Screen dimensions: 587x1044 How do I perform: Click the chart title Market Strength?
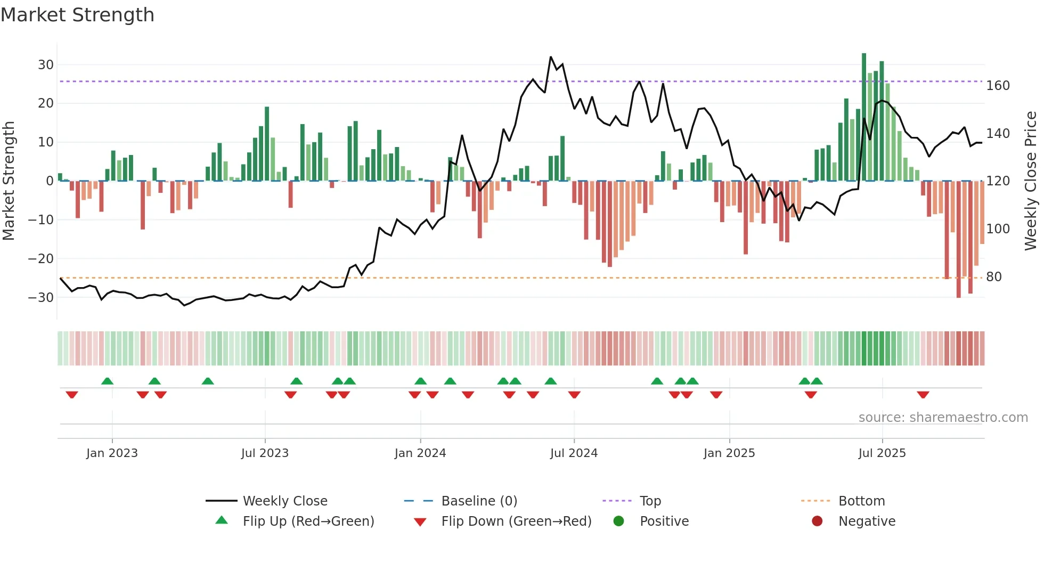click(x=77, y=15)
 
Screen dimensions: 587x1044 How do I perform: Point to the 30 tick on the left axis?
click(x=46, y=65)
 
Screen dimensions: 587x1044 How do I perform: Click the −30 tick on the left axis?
click(x=42, y=298)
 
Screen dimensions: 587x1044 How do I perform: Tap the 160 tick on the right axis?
click(x=998, y=86)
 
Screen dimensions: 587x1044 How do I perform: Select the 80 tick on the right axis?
click(x=994, y=277)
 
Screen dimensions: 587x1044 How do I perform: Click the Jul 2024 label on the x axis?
click(x=574, y=453)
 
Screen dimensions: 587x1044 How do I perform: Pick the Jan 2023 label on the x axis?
click(x=112, y=453)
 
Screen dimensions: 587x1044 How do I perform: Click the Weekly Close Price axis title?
click(x=1031, y=181)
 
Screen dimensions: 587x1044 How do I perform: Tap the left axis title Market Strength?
click(x=9, y=181)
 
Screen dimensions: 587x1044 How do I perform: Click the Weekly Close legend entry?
click(x=285, y=501)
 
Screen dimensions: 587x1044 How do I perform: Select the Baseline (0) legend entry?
click(x=479, y=501)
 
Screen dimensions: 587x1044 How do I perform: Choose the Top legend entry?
click(x=650, y=501)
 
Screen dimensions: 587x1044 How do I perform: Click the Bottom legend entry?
click(x=861, y=501)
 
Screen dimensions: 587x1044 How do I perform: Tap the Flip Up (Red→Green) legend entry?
click(x=308, y=521)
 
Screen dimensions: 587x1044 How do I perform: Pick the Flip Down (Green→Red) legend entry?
click(x=516, y=521)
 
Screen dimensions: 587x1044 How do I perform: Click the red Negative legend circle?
click(x=817, y=521)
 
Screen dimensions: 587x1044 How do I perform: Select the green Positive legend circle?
click(x=618, y=521)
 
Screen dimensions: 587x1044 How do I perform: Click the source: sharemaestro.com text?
click(x=943, y=418)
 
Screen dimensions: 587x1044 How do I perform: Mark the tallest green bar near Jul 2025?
click(x=864, y=117)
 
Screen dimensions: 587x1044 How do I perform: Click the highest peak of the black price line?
click(x=551, y=57)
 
